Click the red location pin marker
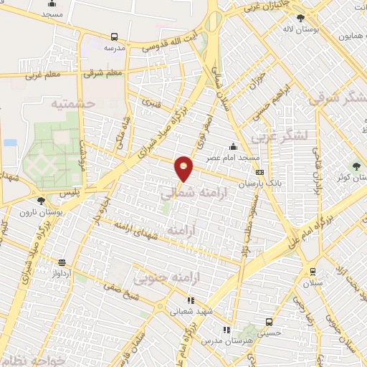(x=184, y=169)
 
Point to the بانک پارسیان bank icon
(x=259, y=173)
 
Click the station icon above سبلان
(x=312, y=272)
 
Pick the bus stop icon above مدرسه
(x=115, y=36)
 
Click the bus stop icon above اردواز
(x=62, y=262)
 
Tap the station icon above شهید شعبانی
(x=190, y=301)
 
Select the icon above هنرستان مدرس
(x=227, y=330)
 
